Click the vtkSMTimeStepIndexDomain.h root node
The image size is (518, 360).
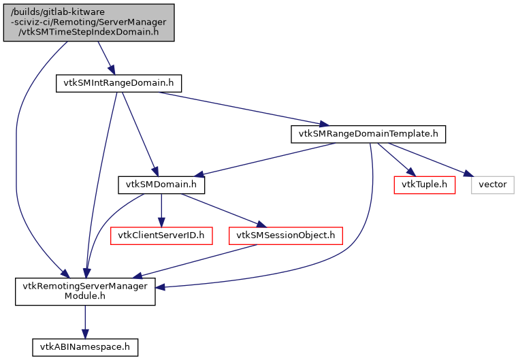(88, 22)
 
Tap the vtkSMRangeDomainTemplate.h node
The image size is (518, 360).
(368, 133)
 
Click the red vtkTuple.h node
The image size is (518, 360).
(424, 184)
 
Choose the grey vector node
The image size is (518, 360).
(492, 184)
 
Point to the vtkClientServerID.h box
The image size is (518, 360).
(161, 235)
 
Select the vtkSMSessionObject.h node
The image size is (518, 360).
(285, 235)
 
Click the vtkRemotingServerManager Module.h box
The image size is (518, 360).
(85, 291)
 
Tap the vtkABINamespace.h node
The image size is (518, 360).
(85, 346)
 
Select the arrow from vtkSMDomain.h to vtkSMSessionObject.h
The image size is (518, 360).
(221, 210)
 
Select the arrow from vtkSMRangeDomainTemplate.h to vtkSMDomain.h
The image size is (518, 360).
(265, 159)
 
